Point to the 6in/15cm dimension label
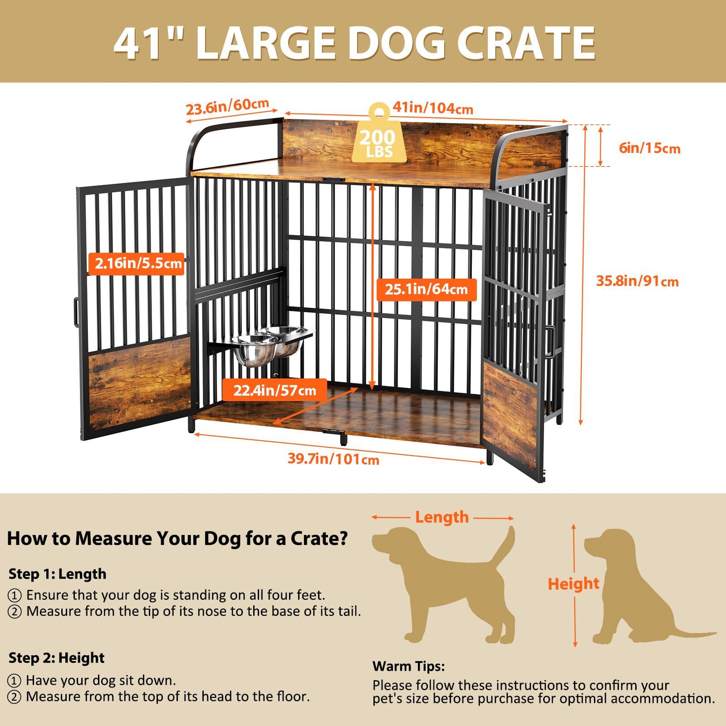(x=649, y=148)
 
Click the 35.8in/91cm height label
(x=637, y=281)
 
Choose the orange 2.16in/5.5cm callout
(x=138, y=263)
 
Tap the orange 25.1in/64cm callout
(x=426, y=289)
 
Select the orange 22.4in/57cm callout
(x=275, y=390)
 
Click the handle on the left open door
(x=75, y=313)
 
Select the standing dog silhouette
(x=442, y=585)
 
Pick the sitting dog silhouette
(x=635, y=590)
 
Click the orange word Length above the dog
(x=441, y=517)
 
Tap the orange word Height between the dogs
(x=574, y=584)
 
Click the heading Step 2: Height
(x=56, y=657)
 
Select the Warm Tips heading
(x=408, y=667)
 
